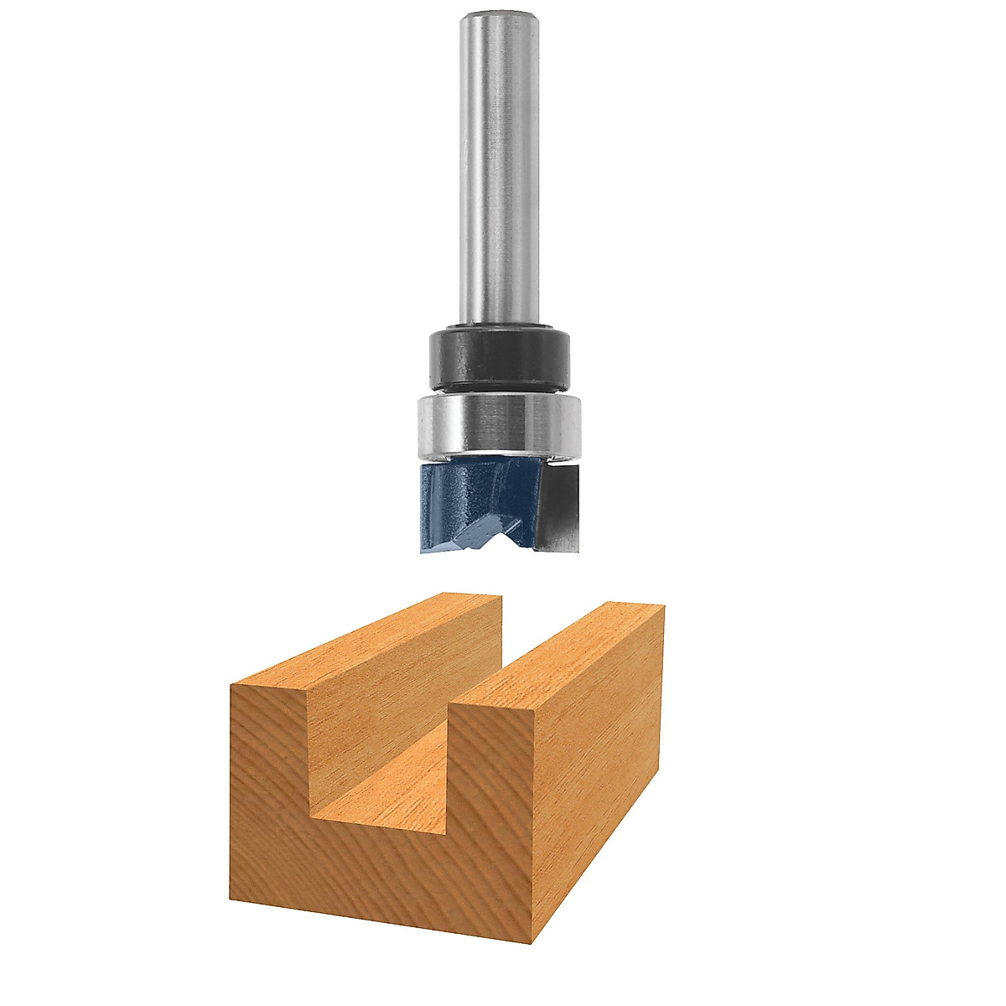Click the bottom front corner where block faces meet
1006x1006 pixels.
coord(534,943)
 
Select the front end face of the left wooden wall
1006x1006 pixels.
coord(270,754)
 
